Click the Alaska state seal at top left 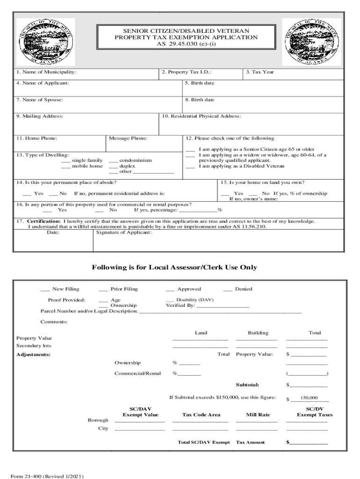tap(45, 42)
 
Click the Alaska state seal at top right tap(311, 42)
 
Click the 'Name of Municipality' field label tap(46, 72)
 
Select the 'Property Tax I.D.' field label tap(187, 72)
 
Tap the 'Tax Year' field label tap(260, 72)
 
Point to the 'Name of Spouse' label tap(40, 100)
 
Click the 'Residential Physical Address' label tap(202, 116)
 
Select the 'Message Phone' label tap(128, 138)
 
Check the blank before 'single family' tap(65, 160)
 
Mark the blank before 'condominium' tap(113, 160)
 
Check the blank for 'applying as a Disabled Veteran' tap(190, 166)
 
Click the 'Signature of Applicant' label tap(124, 232)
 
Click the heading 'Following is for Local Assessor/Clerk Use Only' tap(180, 268)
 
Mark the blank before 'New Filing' tap(45, 290)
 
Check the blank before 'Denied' tap(228, 290)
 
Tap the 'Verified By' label tap(180, 305)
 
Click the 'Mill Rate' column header tap(258, 414)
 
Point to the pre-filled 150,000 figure tap(309, 398)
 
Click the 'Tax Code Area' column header tap(201, 414)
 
